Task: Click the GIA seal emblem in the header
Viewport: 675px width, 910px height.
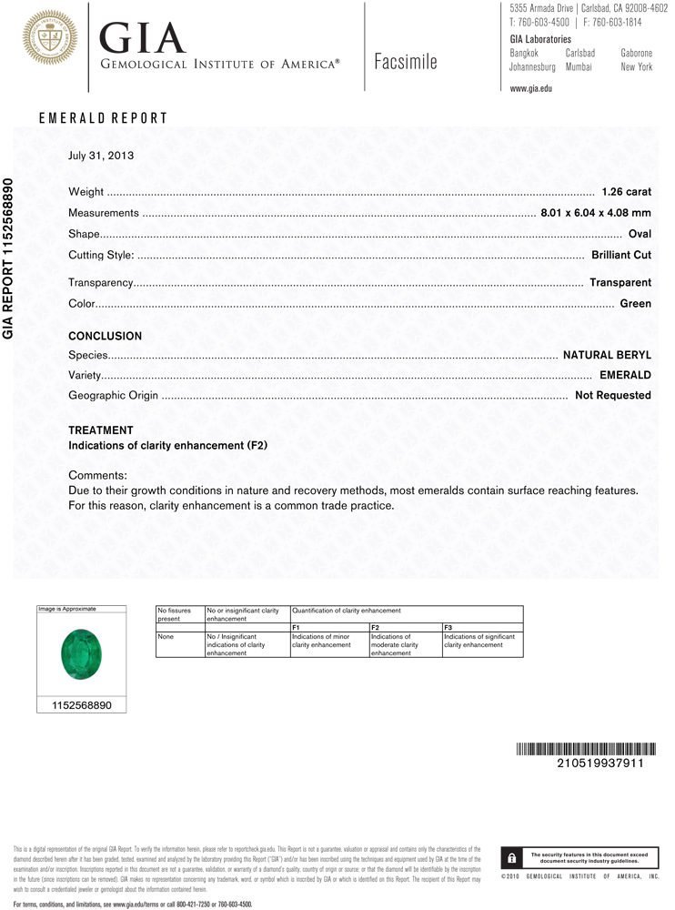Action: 50,37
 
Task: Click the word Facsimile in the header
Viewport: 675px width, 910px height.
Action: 405,62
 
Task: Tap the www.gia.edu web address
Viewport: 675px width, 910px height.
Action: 531,88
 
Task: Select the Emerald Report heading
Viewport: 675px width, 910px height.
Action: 103,118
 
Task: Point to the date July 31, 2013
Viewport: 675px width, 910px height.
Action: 101,156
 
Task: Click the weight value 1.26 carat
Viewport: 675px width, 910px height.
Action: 627,192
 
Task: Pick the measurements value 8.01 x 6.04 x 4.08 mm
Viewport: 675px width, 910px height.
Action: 596,213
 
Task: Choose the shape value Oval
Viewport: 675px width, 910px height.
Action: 640,234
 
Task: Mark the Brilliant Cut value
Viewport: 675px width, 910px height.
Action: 621,256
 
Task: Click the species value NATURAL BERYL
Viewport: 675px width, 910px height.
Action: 607,355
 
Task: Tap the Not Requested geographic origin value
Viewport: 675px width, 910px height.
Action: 612,396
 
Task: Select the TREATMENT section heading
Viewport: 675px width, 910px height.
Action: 101,430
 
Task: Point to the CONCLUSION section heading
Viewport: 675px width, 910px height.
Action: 106,336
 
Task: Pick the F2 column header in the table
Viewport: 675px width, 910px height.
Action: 376,628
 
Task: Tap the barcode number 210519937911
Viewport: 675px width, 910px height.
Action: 599,763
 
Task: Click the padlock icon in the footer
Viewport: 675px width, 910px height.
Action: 512,858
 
